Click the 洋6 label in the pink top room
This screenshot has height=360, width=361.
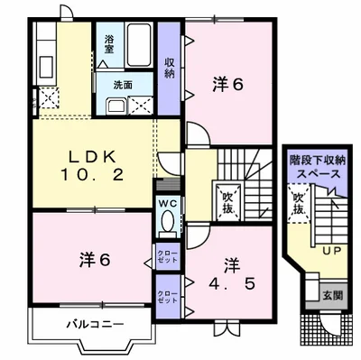point(228,84)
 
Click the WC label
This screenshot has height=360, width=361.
point(167,205)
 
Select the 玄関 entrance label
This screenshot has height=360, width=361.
point(332,293)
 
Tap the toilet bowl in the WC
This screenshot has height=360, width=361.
point(167,226)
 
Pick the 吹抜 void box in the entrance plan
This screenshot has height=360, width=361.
point(298,204)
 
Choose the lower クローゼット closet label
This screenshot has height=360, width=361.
point(167,295)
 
